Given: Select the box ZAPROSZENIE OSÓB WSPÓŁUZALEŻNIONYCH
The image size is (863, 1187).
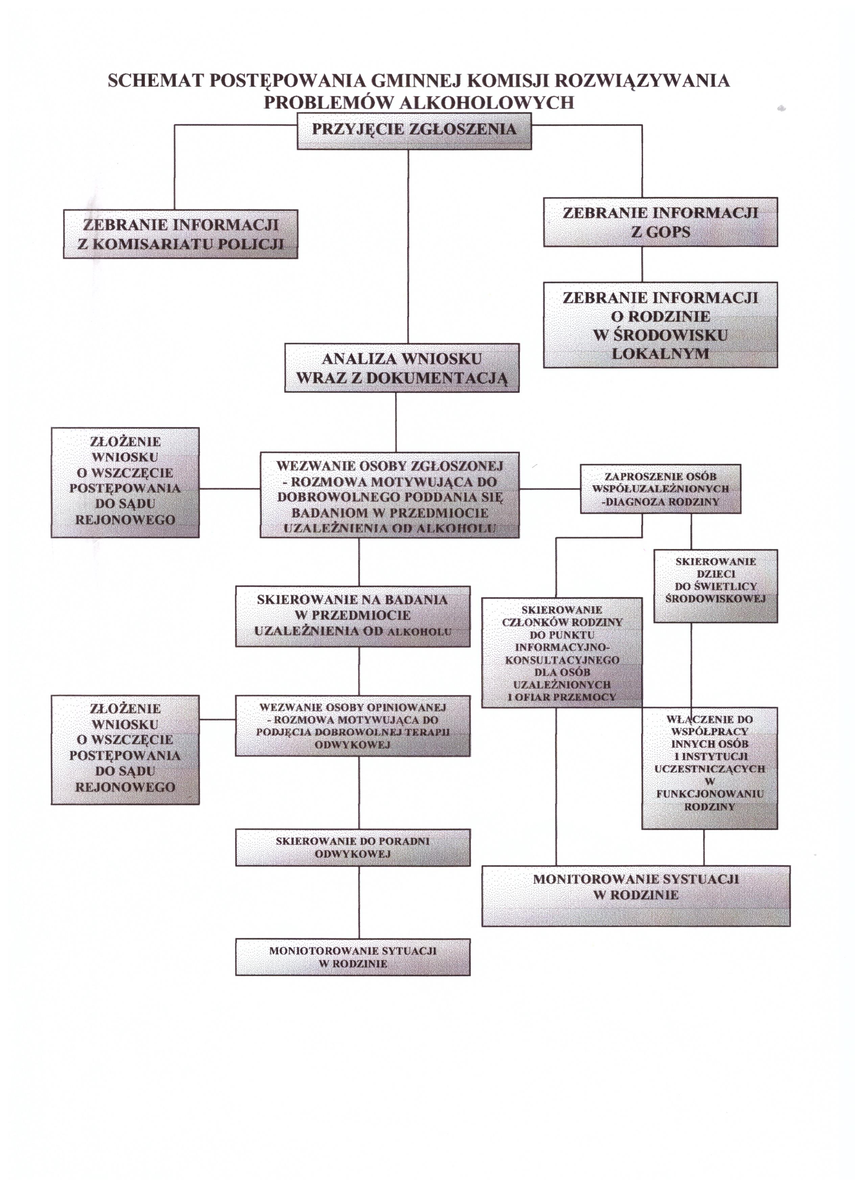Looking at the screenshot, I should pos(660,489).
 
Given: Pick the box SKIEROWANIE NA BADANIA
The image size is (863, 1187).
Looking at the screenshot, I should pos(352,616).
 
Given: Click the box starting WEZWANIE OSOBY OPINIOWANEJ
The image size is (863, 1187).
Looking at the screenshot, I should pos(352,726).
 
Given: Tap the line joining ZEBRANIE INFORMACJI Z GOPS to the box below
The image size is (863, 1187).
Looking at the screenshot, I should pos(642,264).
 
